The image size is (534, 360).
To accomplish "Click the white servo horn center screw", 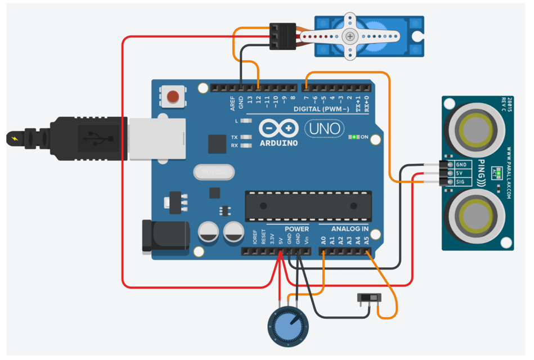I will coord(351,37).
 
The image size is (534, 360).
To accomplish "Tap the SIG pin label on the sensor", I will coord(460,182).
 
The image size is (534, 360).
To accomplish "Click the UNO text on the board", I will coord(325,129).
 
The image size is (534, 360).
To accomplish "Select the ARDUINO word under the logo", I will coord(279,143).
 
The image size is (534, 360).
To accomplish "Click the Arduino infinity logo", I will coord(279,129).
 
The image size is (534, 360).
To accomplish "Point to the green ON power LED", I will coord(353,137).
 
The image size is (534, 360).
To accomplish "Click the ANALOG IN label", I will coord(349,229).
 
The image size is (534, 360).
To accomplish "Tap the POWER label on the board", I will coord(296,229).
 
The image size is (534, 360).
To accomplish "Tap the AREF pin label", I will coord(232,103).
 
